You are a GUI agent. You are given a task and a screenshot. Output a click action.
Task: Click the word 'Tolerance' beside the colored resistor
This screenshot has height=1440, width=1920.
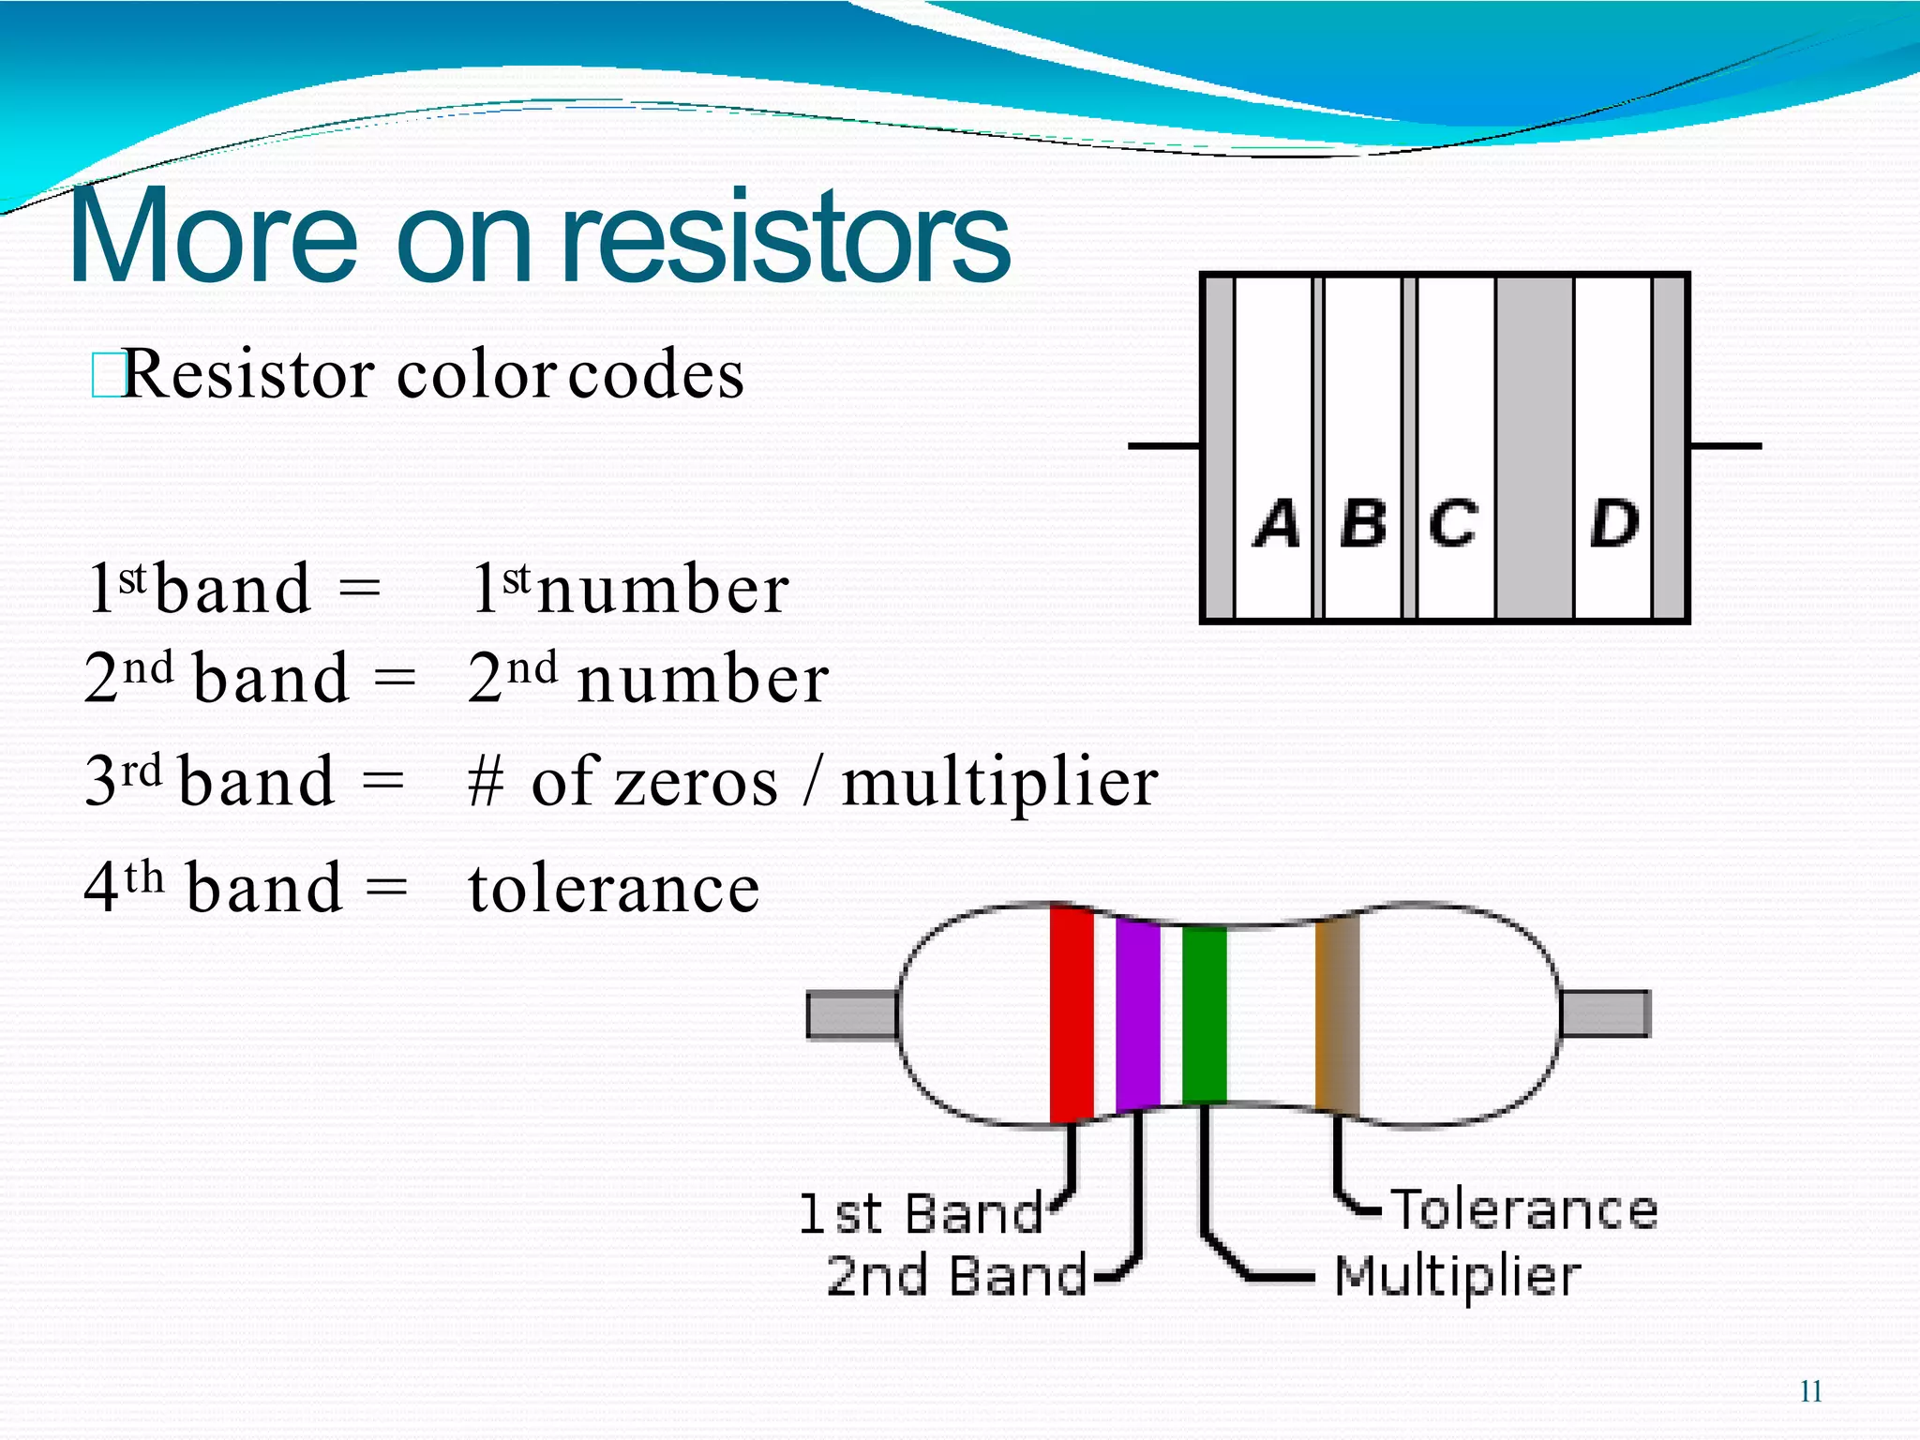click(x=1524, y=1209)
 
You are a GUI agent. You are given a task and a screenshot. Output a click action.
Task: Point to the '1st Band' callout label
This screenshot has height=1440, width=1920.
click(x=921, y=1214)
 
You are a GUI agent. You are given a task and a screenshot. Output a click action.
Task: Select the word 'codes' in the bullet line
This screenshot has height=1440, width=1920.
click(x=656, y=375)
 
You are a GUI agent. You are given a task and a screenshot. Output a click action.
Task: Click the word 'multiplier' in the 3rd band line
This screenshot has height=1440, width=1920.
click(x=999, y=783)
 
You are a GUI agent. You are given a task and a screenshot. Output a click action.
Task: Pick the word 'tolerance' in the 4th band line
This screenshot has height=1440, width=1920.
click(x=614, y=889)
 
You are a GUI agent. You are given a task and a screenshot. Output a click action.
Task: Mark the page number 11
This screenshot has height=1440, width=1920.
click(x=1811, y=1391)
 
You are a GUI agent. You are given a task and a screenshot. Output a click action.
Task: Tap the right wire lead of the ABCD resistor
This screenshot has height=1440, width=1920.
click(x=1725, y=446)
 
